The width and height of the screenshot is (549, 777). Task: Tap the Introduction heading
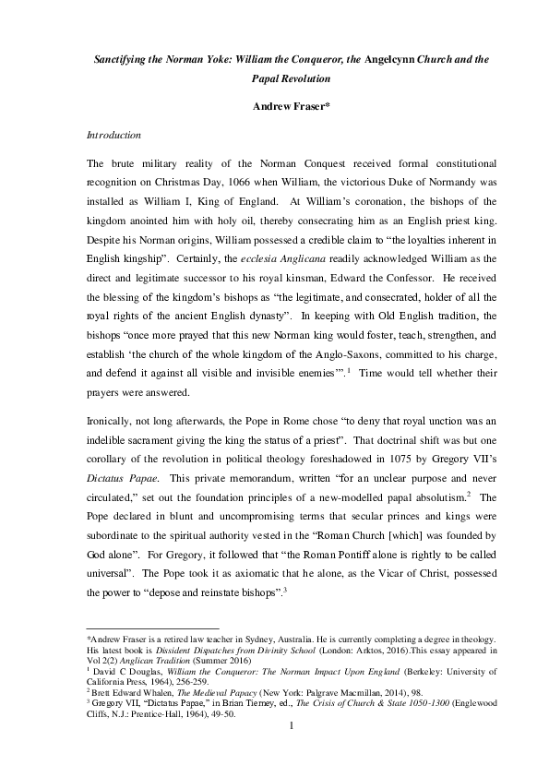(x=113, y=135)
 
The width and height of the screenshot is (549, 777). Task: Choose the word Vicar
(x=349, y=556)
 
